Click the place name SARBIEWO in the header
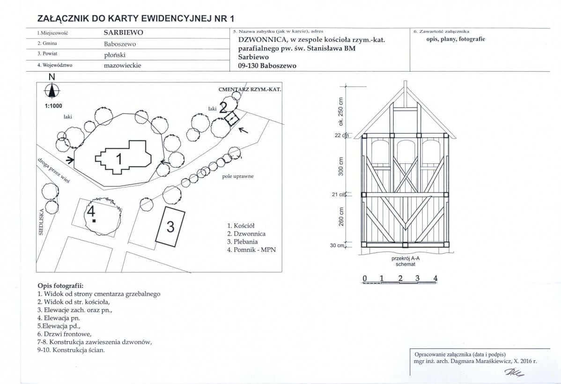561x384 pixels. pyautogui.click(x=123, y=33)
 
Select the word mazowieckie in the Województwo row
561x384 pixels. pyautogui.click(x=122, y=66)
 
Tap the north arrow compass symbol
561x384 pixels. pyautogui.click(x=52, y=90)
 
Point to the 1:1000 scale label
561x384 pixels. pyautogui.click(x=53, y=106)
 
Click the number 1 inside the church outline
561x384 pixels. pyautogui.click(x=119, y=159)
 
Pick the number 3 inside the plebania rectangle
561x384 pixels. pyautogui.click(x=170, y=227)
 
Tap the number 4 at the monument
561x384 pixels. pyautogui.click(x=91, y=212)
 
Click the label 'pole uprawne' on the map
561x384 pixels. pyautogui.click(x=237, y=177)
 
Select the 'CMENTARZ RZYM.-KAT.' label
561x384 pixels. pyautogui.click(x=250, y=89)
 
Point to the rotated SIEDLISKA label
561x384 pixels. pyautogui.click(x=41, y=222)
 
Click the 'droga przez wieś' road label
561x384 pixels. pyautogui.click(x=54, y=170)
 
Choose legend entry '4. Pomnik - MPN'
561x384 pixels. pyautogui.click(x=251, y=250)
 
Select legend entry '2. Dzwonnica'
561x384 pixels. pyautogui.click(x=246, y=234)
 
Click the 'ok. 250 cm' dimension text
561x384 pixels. pyautogui.click(x=340, y=111)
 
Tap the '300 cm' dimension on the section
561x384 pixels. pyautogui.click(x=340, y=166)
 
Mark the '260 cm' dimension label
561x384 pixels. pyautogui.click(x=341, y=217)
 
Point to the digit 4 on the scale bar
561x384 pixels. pyautogui.click(x=435, y=279)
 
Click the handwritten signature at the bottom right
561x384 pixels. pyautogui.click(x=514, y=373)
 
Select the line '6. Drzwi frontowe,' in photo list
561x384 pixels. pyautogui.click(x=65, y=334)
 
